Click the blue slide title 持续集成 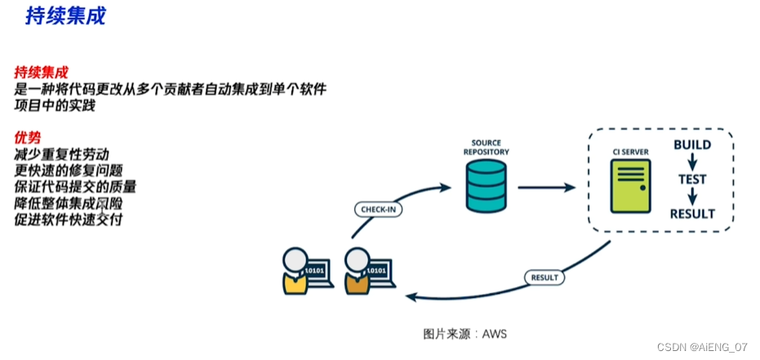click(65, 16)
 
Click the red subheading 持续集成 click(41, 72)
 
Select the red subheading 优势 click(28, 137)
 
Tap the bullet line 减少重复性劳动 click(61, 153)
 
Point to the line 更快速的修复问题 click(69, 170)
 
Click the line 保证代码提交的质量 click(75, 186)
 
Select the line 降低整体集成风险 click(69, 202)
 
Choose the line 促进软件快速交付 click(69, 219)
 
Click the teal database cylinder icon click(486, 185)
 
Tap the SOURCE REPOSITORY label click(486, 147)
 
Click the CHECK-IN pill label click(380, 210)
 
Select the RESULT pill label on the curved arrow click(544, 278)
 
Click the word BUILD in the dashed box click(692, 145)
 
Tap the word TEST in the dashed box click(692, 180)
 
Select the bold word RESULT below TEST click(692, 214)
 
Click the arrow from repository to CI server click(546, 187)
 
